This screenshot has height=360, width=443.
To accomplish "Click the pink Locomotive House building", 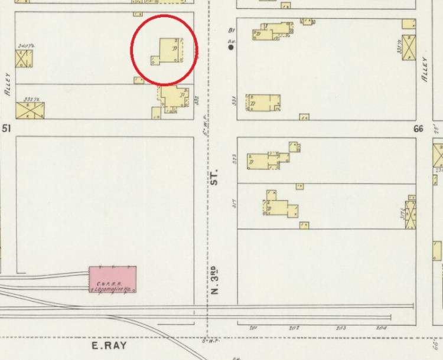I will click(x=112, y=280).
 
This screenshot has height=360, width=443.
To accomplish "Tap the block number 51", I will click(x=7, y=127).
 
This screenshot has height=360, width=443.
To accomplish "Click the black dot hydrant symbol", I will click(x=231, y=47).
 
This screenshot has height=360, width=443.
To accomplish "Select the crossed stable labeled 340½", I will click(x=24, y=58).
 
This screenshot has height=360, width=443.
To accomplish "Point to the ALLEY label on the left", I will click(x=8, y=84).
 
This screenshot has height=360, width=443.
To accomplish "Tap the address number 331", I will click(x=234, y=101).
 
